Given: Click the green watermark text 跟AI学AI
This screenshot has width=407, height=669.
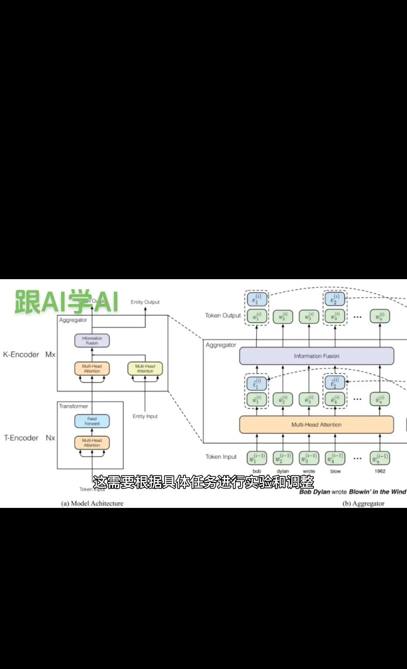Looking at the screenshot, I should point(66,302).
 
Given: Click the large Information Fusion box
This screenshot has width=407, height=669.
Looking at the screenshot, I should point(316,356).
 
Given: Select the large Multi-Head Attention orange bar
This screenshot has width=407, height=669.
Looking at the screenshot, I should point(316,425).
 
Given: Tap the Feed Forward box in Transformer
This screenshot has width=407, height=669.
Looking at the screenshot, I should point(92,421).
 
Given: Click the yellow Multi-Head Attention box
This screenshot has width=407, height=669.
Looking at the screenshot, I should point(145,369).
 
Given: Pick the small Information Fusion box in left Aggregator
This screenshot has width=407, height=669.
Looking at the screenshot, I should point(92,340).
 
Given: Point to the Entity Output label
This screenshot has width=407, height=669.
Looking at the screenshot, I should point(145,302).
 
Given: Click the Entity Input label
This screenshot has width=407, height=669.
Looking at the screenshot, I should point(145,416).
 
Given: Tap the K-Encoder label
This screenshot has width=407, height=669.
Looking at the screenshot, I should point(21,355).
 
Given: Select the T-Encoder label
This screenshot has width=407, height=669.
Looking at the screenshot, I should point(21,438).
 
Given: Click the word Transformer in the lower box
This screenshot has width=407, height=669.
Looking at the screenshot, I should point(73,406).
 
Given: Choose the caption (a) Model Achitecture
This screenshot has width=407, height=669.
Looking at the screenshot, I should point(92,503).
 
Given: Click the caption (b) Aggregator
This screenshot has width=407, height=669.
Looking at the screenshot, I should point(364,503).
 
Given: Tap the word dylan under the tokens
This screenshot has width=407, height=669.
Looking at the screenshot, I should point(283,471).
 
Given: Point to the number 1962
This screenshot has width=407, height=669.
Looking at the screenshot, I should point(380,471).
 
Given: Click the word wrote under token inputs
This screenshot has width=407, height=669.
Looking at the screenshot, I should point(309,471).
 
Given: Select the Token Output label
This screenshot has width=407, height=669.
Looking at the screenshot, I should point(223,315).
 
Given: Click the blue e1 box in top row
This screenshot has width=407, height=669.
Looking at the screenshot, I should point(257,299).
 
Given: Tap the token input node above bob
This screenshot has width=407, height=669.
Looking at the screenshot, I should point(257,458).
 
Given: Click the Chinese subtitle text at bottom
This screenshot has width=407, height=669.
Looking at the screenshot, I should point(203,482).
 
